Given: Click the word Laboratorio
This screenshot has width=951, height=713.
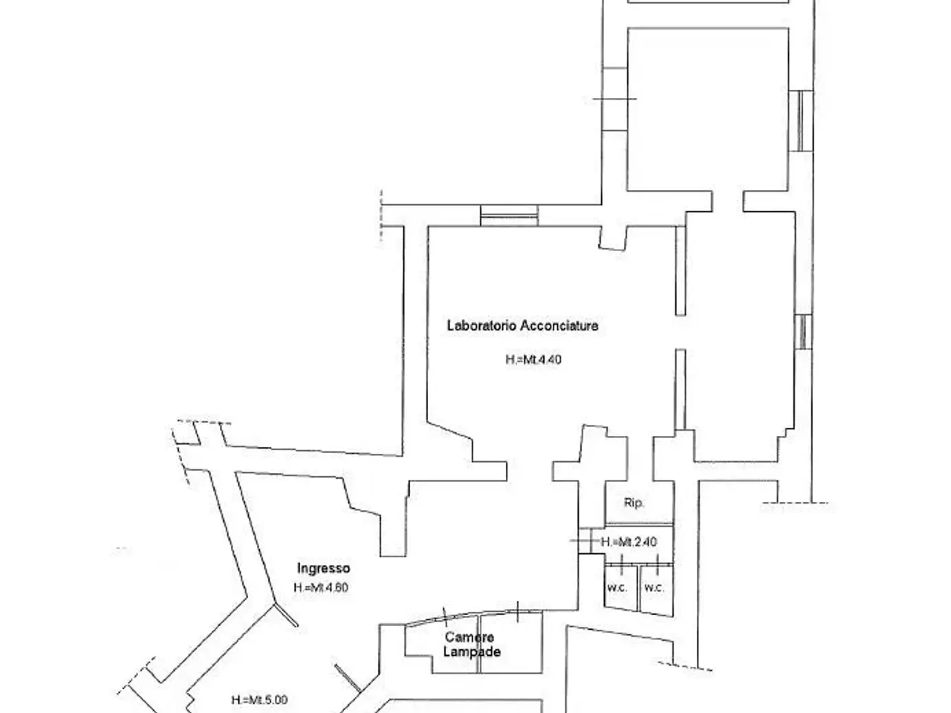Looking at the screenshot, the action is (x=481, y=325).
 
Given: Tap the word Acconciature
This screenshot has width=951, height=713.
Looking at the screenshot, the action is (x=559, y=325).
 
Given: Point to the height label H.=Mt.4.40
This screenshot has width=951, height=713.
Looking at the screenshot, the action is (x=533, y=359).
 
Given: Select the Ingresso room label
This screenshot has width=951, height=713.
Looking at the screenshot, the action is (x=323, y=568).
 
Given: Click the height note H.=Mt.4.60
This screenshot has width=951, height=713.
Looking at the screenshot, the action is (x=321, y=587).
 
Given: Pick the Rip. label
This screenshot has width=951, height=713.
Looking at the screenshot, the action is (x=634, y=503).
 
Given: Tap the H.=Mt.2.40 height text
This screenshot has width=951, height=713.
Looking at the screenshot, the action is (x=629, y=541).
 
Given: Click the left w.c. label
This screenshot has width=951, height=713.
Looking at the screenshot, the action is (x=617, y=587).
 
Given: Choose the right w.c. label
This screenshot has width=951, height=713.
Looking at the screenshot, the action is (x=655, y=587).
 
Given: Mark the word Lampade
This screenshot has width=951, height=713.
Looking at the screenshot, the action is (x=472, y=651).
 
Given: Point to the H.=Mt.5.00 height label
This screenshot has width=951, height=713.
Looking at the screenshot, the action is (x=259, y=700).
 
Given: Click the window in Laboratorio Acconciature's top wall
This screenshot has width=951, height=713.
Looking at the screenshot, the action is (x=509, y=215).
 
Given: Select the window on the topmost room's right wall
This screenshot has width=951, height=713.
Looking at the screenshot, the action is (x=801, y=120).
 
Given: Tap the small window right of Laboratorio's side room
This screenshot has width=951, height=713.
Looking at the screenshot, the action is (x=803, y=331).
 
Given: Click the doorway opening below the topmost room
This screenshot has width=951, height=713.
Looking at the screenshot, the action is (x=728, y=201).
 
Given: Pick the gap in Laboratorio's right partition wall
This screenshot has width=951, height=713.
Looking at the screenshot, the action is (x=681, y=332).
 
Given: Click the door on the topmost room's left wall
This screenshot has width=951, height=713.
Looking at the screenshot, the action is (x=614, y=99).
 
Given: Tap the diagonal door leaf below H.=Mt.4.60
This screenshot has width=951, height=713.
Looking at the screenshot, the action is (x=286, y=615).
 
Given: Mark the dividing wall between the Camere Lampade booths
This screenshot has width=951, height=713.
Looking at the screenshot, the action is (x=478, y=644).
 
